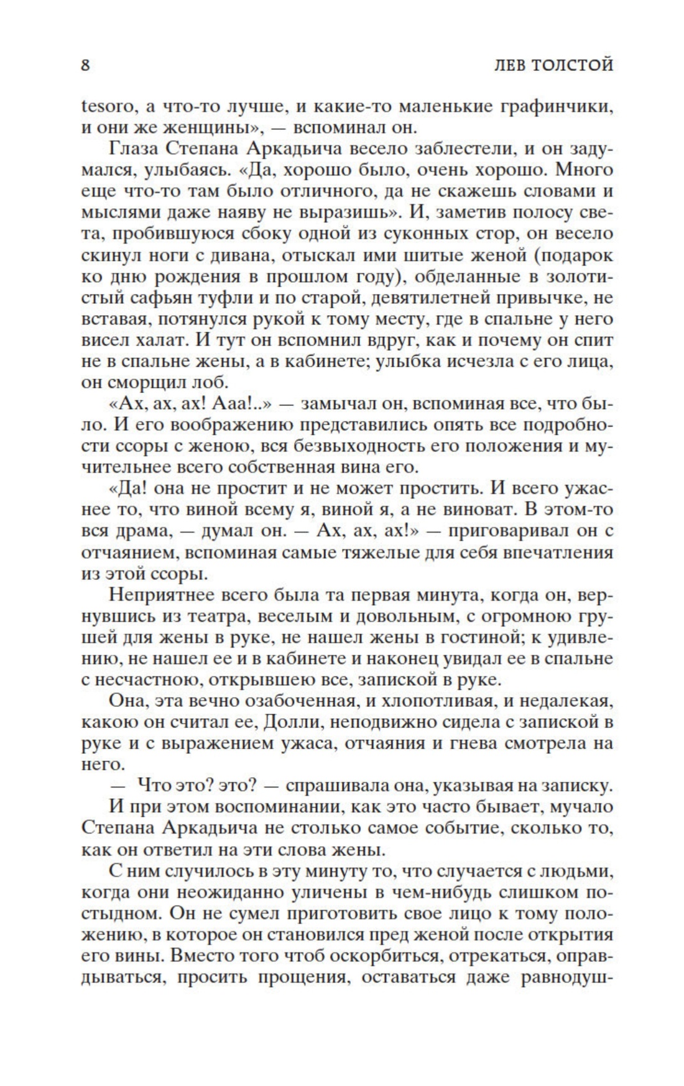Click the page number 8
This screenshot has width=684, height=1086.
pos(85,65)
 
